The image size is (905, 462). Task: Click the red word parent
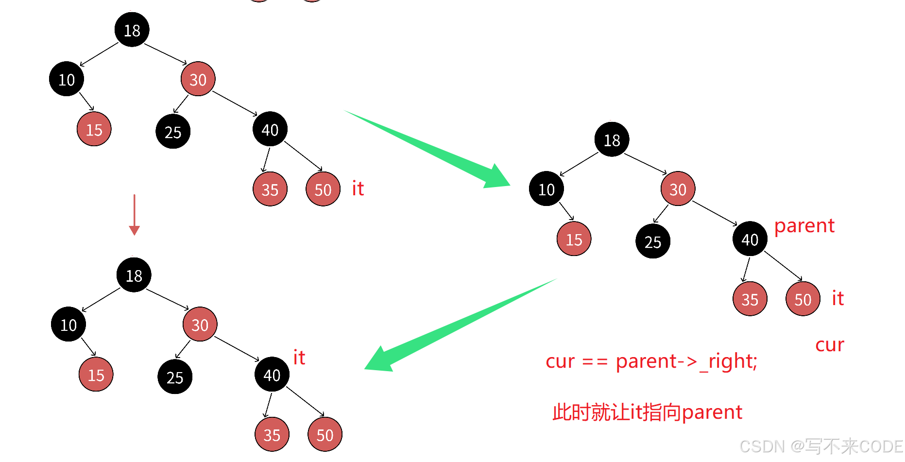point(804,226)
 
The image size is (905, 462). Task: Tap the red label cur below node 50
point(829,345)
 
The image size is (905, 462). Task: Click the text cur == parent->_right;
point(651,361)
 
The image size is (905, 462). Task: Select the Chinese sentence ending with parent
point(647,412)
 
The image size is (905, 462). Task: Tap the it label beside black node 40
point(299,358)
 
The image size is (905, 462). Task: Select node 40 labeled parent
point(750,239)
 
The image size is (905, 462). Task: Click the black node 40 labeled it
point(272,375)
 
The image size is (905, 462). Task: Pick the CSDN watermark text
point(820,446)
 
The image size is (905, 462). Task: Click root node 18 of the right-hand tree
point(612,140)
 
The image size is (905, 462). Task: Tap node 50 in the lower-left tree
point(324,434)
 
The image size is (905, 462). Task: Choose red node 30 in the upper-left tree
point(198,79)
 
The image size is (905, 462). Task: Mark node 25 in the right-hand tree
point(652,241)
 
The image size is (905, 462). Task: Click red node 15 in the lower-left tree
point(96,375)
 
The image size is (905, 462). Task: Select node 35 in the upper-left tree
point(270,189)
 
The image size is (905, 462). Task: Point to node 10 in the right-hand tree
point(546,189)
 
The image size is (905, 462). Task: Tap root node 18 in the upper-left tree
point(132,30)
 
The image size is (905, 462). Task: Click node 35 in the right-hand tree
point(750,299)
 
